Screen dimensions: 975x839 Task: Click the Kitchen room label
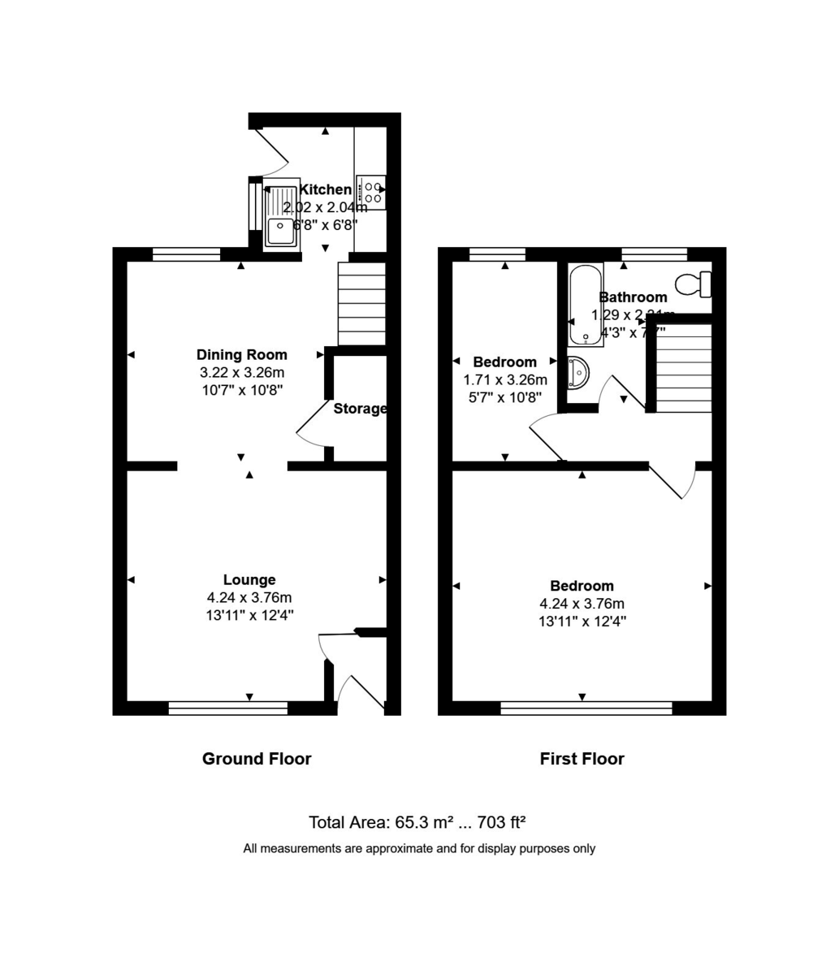(x=325, y=189)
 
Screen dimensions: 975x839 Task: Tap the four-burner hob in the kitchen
(x=371, y=192)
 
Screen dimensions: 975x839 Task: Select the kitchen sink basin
(x=281, y=231)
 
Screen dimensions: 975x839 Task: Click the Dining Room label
(x=242, y=354)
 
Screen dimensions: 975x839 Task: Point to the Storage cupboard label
(x=360, y=409)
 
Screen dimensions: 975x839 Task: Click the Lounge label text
(x=249, y=579)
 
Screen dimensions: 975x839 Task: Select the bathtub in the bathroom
(x=586, y=305)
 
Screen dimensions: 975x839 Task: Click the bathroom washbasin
(x=578, y=371)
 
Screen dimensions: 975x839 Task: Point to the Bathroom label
(x=633, y=297)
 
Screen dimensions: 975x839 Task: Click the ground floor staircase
(x=361, y=304)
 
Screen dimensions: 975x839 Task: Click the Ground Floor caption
(x=257, y=759)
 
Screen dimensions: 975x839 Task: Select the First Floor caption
(x=582, y=759)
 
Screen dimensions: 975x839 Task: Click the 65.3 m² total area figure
(x=423, y=822)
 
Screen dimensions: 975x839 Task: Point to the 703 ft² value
(x=504, y=822)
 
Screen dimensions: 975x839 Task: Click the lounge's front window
(x=228, y=708)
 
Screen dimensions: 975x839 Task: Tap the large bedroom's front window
(x=586, y=708)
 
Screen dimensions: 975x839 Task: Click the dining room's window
(x=186, y=254)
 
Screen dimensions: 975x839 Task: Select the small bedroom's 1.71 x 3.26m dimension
(x=505, y=379)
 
